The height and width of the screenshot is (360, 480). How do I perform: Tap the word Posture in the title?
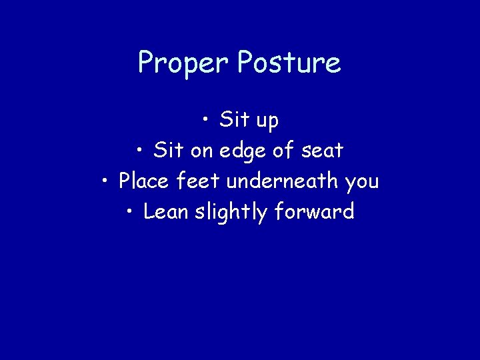click(x=289, y=64)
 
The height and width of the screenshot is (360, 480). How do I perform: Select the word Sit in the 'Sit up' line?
click(x=234, y=120)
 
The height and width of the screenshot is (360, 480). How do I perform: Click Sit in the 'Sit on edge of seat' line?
click(x=169, y=151)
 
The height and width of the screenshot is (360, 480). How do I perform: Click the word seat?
click(x=322, y=151)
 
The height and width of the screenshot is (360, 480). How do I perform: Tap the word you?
click(x=361, y=183)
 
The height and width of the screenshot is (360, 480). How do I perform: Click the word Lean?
click(x=166, y=212)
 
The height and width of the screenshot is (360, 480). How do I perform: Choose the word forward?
click(x=313, y=212)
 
